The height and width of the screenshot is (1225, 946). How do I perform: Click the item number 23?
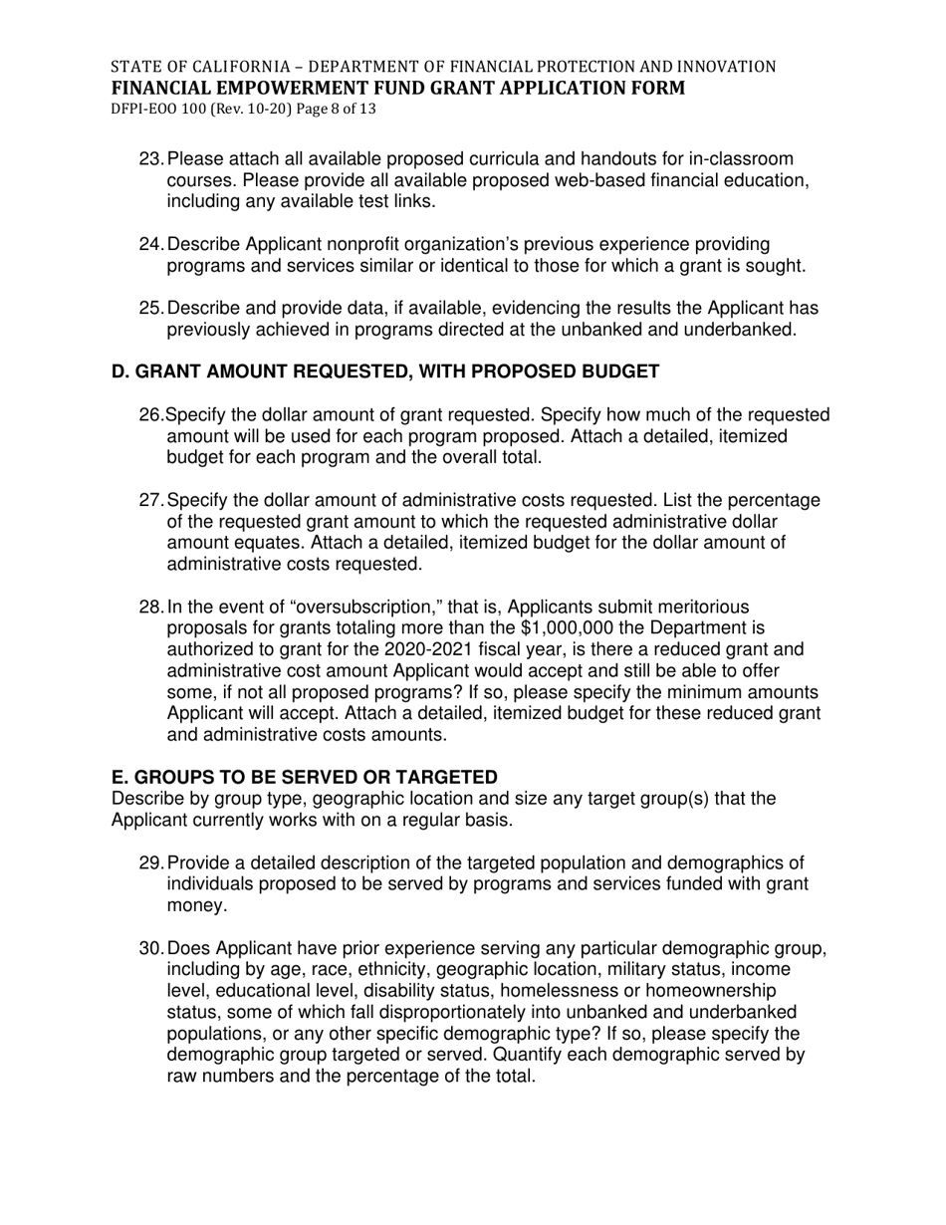point(151,159)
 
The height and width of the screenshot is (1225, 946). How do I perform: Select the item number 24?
point(151,245)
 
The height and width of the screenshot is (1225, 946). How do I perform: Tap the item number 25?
point(151,309)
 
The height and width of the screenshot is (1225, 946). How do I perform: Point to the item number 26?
point(151,415)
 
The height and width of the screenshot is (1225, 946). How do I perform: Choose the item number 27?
point(151,501)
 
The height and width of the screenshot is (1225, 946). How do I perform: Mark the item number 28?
point(151,608)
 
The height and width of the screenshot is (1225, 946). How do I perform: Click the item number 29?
point(151,863)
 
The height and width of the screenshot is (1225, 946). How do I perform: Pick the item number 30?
point(151,949)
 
